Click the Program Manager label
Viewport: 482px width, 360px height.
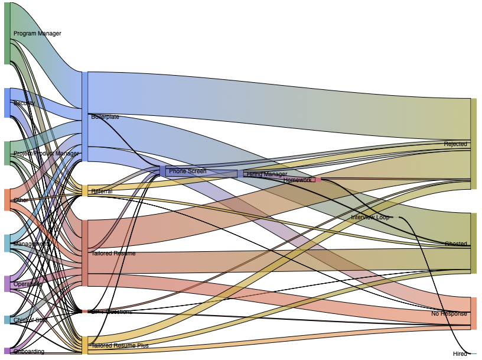tap(37, 34)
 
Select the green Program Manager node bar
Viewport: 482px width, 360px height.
tap(7, 33)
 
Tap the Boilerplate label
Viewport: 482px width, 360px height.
tap(105, 117)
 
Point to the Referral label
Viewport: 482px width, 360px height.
tap(102, 192)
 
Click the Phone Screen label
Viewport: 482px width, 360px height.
tap(187, 171)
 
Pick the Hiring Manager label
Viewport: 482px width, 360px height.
tap(267, 174)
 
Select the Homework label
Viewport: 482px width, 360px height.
tap(297, 180)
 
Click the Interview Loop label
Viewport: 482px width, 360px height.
tap(370, 218)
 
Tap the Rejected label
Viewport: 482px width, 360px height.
tap(455, 144)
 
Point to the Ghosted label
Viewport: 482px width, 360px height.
tap(455, 244)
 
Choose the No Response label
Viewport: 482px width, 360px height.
tap(449, 314)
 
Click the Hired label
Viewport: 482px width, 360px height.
tap(460, 354)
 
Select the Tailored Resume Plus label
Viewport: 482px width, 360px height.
tap(120, 345)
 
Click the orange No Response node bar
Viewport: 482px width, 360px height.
tap(473, 313)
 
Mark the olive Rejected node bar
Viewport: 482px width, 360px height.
tap(473, 144)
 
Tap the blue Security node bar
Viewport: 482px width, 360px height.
tap(7, 103)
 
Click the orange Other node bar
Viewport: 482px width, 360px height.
tap(7, 200)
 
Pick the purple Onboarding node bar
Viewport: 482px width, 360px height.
tap(7, 351)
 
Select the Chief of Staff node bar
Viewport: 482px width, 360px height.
tap(7, 320)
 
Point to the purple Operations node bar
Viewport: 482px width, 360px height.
tap(7, 284)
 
